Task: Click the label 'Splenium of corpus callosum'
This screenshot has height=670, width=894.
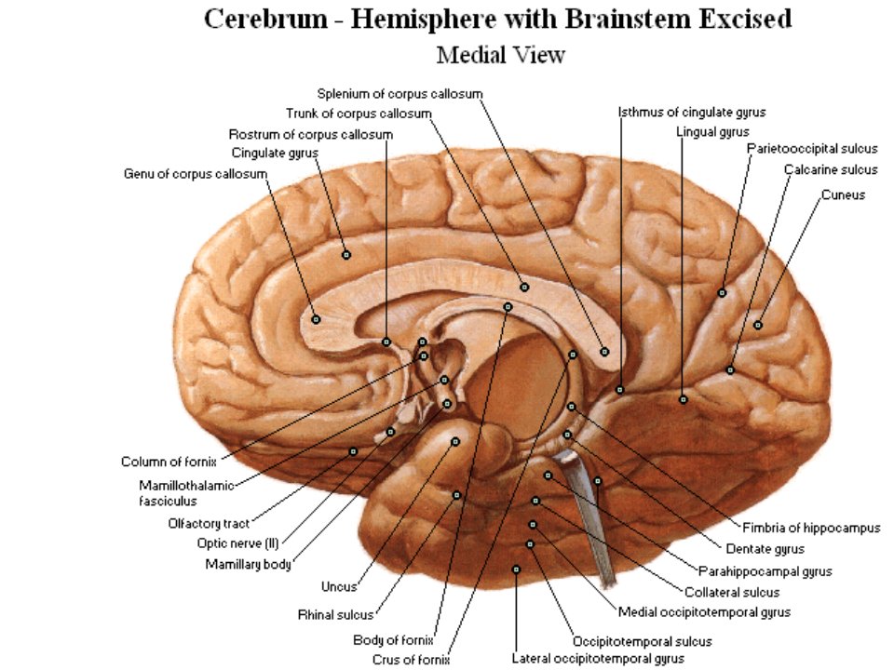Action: pos(400,93)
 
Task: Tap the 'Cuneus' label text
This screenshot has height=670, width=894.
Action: pos(843,194)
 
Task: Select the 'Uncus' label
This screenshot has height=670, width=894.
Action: pos(339,587)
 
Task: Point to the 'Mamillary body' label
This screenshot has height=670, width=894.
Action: pos(248,565)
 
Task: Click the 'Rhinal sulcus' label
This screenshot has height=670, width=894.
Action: pos(335,615)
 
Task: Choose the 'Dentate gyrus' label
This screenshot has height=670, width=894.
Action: pos(765,549)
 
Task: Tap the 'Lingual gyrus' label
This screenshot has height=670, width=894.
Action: pos(712,132)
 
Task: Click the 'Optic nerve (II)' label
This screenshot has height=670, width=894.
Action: pos(237,543)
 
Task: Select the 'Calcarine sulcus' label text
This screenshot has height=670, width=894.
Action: pos(831,169)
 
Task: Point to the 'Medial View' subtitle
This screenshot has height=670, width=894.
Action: pos(501,55)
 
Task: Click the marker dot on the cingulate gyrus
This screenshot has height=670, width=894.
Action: pos(346,255)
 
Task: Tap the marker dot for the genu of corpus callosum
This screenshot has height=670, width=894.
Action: pos(316,319)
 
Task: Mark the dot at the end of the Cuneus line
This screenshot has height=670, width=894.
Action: pos(758,325)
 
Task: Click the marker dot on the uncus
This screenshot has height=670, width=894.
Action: pos(455,441)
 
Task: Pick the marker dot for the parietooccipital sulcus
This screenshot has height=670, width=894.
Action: pos(722,293)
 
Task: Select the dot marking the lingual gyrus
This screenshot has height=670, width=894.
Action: pos(683,399)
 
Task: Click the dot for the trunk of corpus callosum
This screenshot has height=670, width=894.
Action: pos(524,288)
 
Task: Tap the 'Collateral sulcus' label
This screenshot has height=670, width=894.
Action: pos(732,593)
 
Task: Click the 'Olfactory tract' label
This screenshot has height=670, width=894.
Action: pos(209,524)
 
